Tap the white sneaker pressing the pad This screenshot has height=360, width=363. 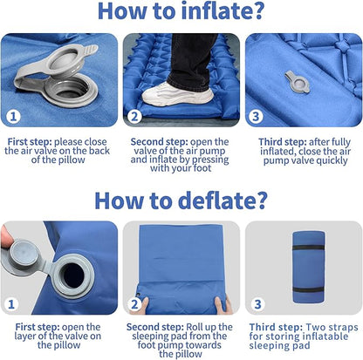point(177,94)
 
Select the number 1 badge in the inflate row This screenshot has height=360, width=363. point(13,116)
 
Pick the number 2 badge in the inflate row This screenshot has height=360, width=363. point(134,116)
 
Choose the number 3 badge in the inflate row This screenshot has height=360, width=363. point(256,116)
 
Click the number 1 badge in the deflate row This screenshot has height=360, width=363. point(11,304)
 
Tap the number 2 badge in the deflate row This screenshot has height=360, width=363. point(134,304)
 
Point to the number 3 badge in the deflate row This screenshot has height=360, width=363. point(257,304)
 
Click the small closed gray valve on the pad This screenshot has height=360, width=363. point(298,83)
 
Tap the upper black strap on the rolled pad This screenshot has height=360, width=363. point(308,248)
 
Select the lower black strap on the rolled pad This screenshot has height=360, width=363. point(308,289)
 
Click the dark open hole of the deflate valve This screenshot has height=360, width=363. point(73,276)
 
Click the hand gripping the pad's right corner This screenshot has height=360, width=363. point(223,305)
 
